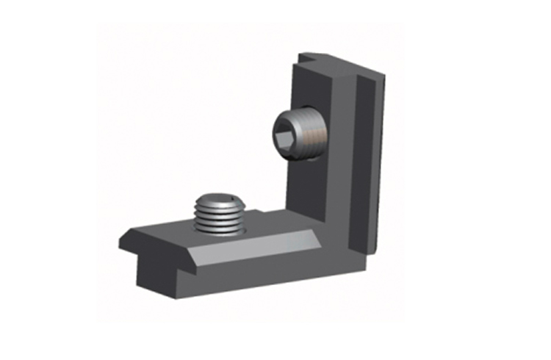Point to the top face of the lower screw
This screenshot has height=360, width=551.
tap(218, 200)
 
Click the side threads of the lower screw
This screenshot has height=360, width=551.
tap(219, 220)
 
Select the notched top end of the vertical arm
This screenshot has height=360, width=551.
tap(312, 57)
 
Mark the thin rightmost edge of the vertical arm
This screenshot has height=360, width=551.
tap(380, 162)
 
